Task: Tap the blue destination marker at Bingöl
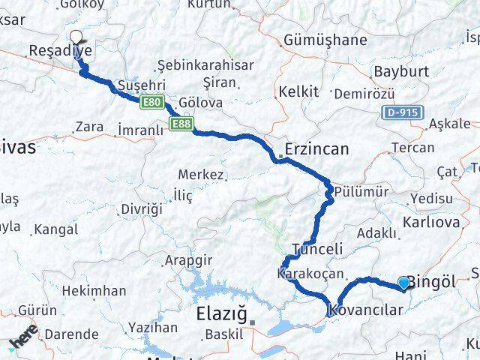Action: point(404,283)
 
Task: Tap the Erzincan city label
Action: point(316,149)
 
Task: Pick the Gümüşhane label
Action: point(326,40)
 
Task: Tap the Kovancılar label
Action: point(371,307)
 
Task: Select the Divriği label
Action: point(141,208)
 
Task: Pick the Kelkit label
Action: point(298,91)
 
